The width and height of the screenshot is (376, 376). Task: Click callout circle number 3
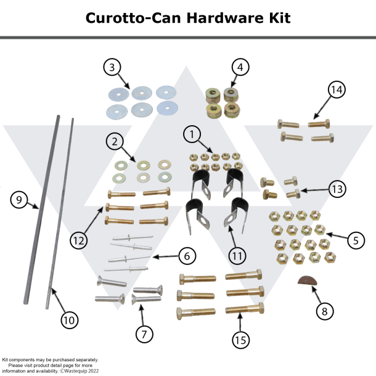[x=112, y=68]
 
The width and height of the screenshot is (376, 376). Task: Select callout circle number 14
[x=336, y=90]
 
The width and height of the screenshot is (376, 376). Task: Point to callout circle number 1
[x=192, y=133]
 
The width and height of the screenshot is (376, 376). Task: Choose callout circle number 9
[x=19, y=200]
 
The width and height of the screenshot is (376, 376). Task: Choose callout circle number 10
[x=69, y=320]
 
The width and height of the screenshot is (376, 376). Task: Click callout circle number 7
[x=144, y=334]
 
